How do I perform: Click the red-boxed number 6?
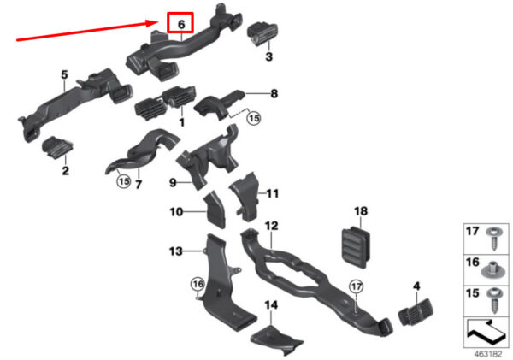point(181,24)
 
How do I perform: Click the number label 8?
point(274,92)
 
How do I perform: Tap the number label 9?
point(172,182)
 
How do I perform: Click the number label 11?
point(273,194)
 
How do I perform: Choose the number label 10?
point(174,212)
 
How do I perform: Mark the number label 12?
point(272,226)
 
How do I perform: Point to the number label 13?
point(175,251)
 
